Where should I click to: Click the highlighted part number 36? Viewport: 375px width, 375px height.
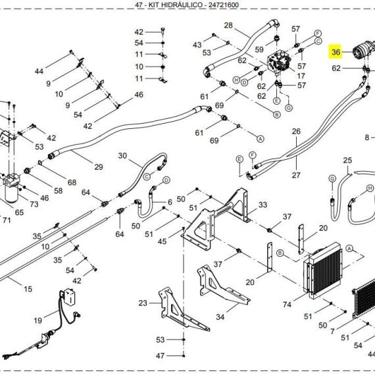tap(336, 52)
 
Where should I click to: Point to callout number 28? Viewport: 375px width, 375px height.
tap(228, 26)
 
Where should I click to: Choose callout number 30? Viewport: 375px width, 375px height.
tap(122, 156)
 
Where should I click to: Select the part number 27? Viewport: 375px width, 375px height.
tap(295, 175)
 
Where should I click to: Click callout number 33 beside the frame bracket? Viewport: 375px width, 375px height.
tap(262, 205)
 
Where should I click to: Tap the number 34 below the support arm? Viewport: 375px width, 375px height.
tap(220, 316)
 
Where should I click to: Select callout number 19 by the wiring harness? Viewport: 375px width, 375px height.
tap(38, 320)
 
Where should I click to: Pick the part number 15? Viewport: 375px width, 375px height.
tap(28, 289)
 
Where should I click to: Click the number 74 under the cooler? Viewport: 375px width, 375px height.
tap(287, 304)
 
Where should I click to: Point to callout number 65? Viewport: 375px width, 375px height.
tap(19, 213)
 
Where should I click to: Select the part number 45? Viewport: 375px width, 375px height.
tap(161, 241)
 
